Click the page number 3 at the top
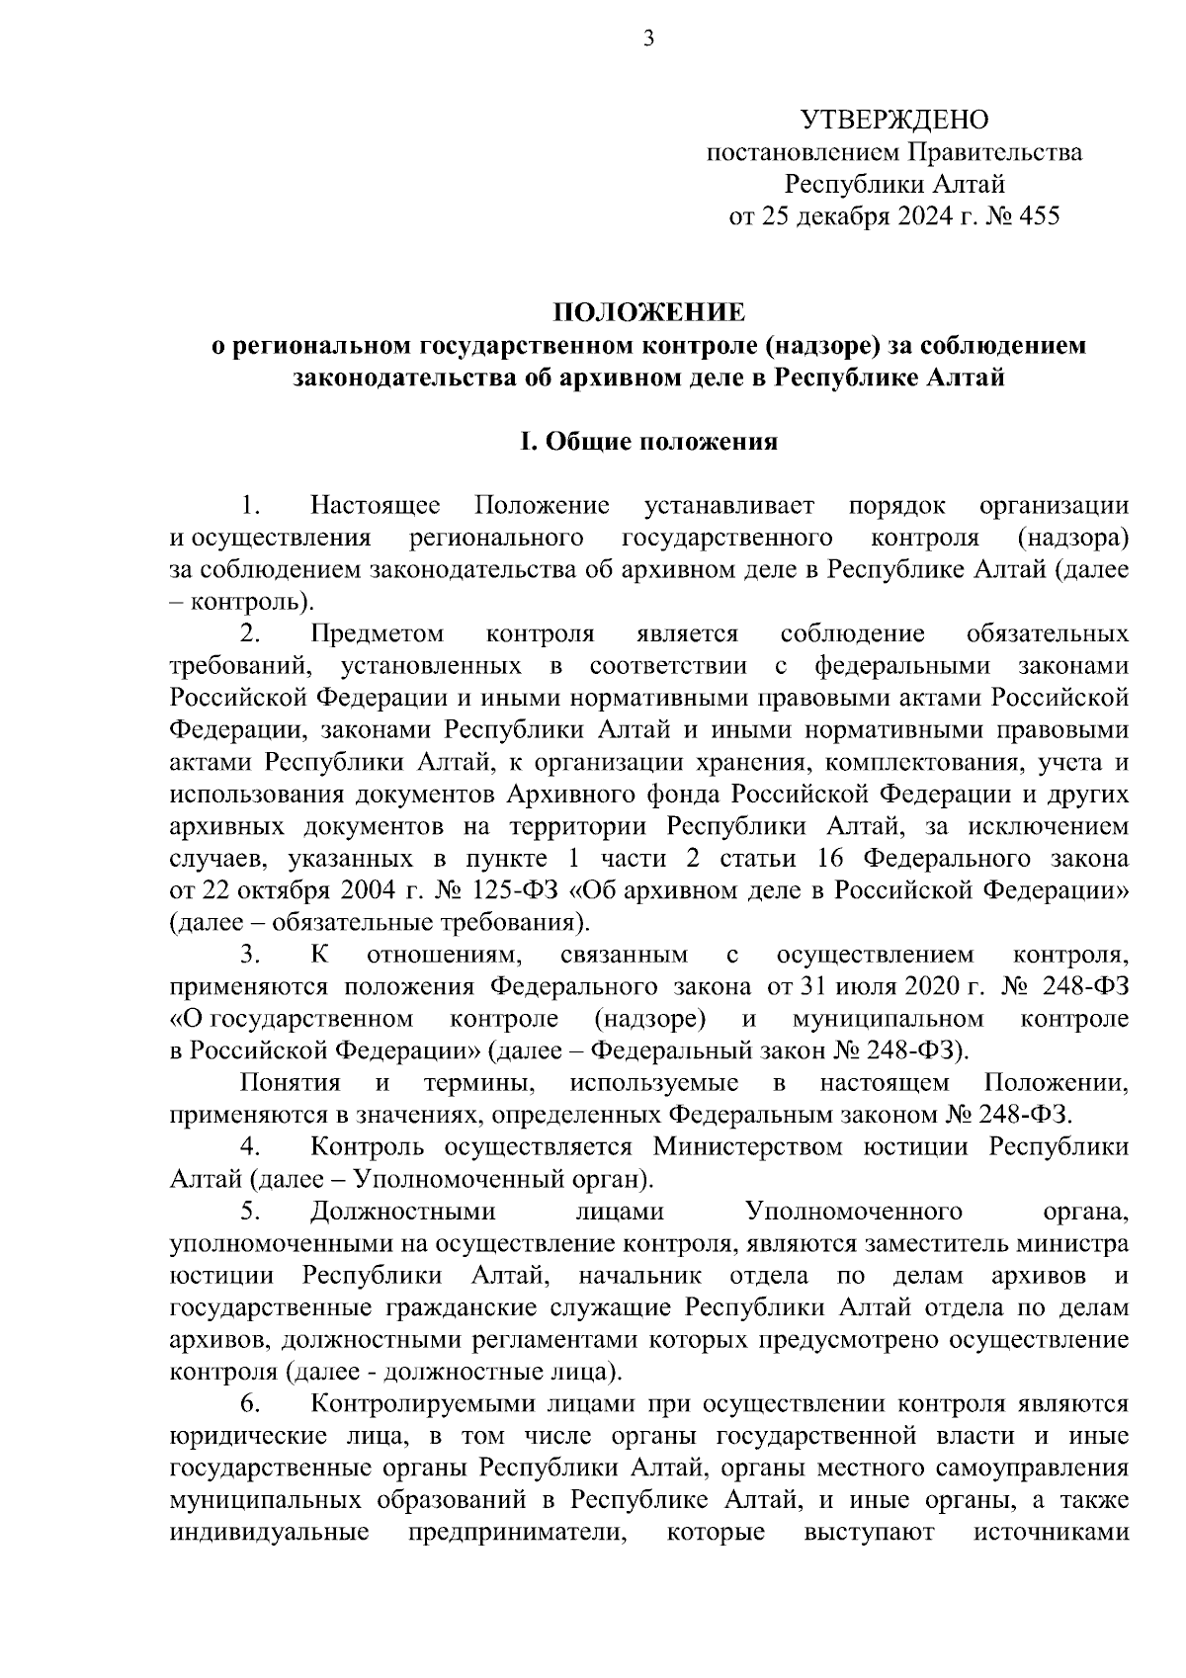pyautogui.click(x=649, y=40)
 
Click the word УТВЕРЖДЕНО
pyautogui.click(x=893, y=121)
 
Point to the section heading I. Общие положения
pyautogui.click(x=649, y=442)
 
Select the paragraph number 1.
pyautogui.click(x=251, y=506)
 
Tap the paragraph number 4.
pyautogui.click(x=251, y=1146)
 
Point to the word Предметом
pyautogui.click(x=376, y=633)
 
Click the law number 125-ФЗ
pyautogui.click(x=519, y=890)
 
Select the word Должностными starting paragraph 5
pyautogui.click(x=402, y=1211)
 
